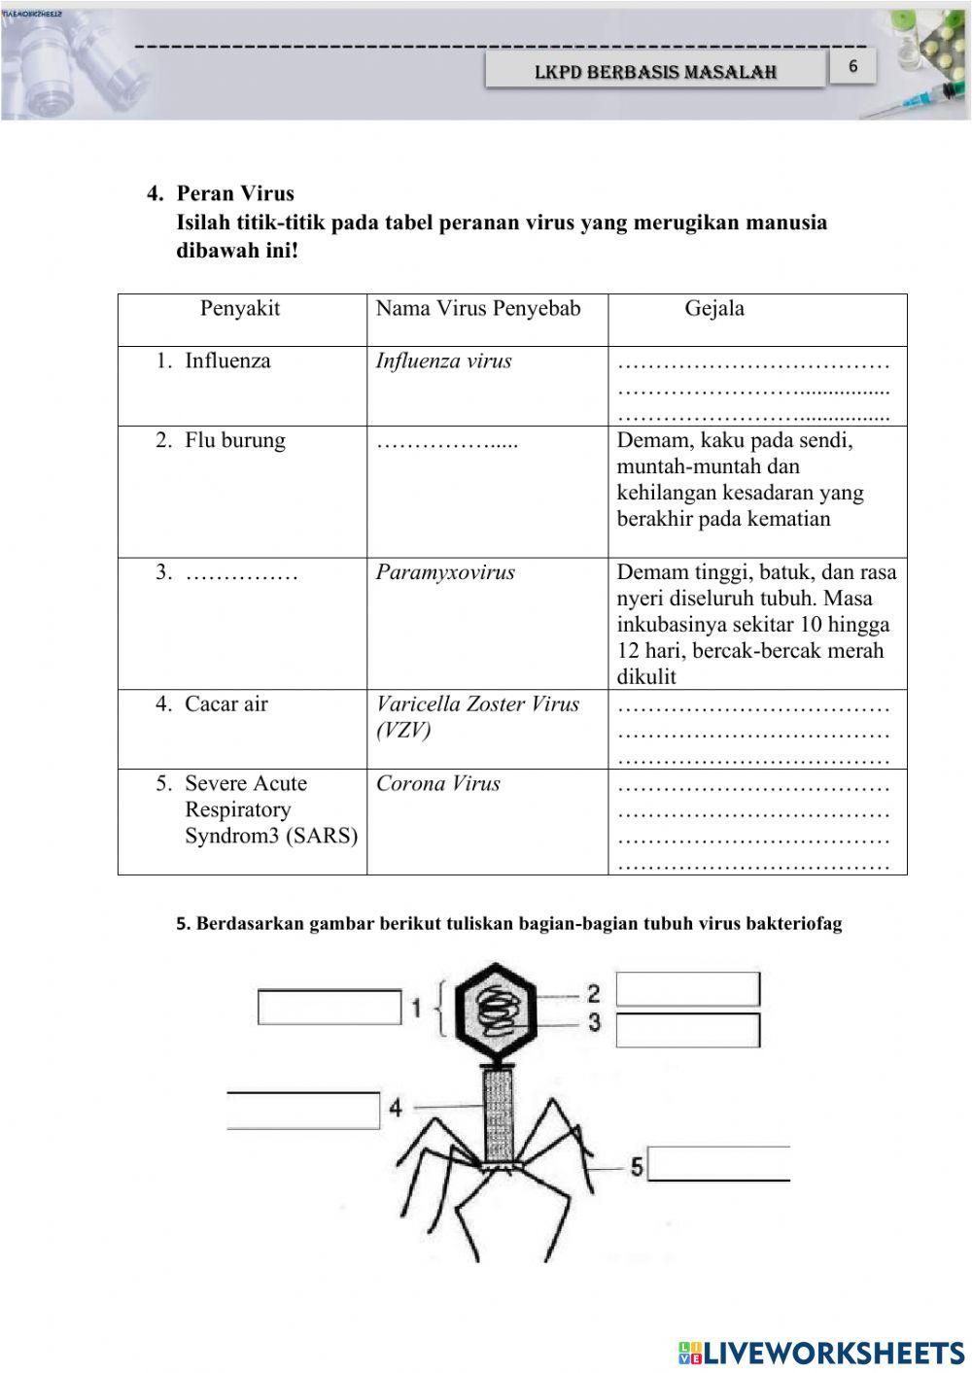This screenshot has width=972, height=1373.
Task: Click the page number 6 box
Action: pyautogui.click(x=852, y=67)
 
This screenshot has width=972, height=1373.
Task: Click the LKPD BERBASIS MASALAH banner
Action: pyautogui.click(x=655, y=72)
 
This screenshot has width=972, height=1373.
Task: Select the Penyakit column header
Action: pyautogui.click(x=240, y=309)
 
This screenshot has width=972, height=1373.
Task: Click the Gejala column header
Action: pyautogui.click(x=714, y=309)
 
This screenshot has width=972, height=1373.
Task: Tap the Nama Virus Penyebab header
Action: pyautogui.click(x=478, y=309)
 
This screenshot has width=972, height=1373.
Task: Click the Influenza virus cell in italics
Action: pyautogui.click(x=444, y=361)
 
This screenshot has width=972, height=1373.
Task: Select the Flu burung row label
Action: pyautogui.click(x=234, y=441)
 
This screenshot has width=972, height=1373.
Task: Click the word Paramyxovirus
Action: pyautogui.click(x=445, y=572)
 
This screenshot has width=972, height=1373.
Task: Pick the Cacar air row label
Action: pyautogui.click(x=226, y=704)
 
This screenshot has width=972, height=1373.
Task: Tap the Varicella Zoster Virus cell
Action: pyautogui.click(x=477, y=717)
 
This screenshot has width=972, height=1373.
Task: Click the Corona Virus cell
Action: pyautogui.click(x=438, y=784)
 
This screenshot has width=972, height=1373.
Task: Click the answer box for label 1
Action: pyautogui.click(x=330, y=1007)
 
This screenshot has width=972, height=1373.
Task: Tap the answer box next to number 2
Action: pyautogui.click(x=687, y=989)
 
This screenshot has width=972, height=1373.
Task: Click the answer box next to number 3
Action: pyautogui.click(x=687, y=1030)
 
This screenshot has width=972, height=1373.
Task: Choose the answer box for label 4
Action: pyautogui.click(x=303, y=1111)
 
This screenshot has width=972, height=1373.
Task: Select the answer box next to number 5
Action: pyautogui.click(x=718, y=1163)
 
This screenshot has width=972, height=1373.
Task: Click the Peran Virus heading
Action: pyautogui.click(x=235, y=193)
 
